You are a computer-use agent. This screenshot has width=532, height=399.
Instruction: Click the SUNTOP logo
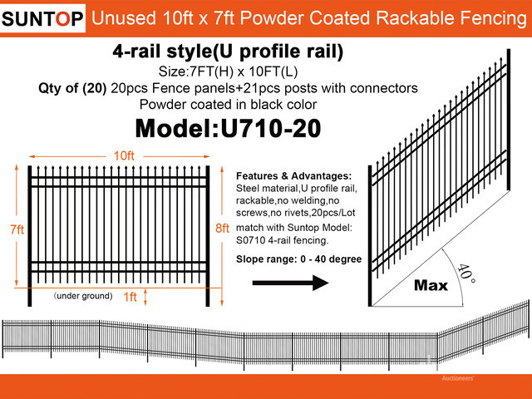42,18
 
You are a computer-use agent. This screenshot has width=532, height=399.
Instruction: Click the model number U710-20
271,129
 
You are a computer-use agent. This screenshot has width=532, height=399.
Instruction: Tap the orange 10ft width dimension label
124,155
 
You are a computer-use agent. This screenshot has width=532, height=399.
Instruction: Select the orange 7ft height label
17,229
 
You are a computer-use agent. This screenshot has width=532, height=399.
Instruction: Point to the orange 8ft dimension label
222,228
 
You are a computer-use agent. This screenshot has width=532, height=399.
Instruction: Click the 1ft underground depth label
130,297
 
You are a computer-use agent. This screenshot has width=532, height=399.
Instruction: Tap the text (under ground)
83,296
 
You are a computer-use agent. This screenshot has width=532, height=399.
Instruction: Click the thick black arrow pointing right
290,283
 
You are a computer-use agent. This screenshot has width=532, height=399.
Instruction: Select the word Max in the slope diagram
431,285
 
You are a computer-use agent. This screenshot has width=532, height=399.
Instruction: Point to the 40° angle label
466,273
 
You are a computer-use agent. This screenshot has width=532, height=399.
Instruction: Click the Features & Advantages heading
293,175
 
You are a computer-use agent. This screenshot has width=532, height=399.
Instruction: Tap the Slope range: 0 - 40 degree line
299,259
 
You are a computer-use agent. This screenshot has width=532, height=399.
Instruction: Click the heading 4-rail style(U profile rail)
228,52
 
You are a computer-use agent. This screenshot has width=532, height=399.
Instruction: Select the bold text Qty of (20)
72,88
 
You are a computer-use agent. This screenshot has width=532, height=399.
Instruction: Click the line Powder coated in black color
228,105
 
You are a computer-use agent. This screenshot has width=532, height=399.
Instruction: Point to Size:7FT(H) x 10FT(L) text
228,71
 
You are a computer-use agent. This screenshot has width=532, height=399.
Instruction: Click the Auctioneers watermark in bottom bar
458,378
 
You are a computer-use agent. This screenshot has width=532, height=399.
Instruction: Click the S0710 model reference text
251,240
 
